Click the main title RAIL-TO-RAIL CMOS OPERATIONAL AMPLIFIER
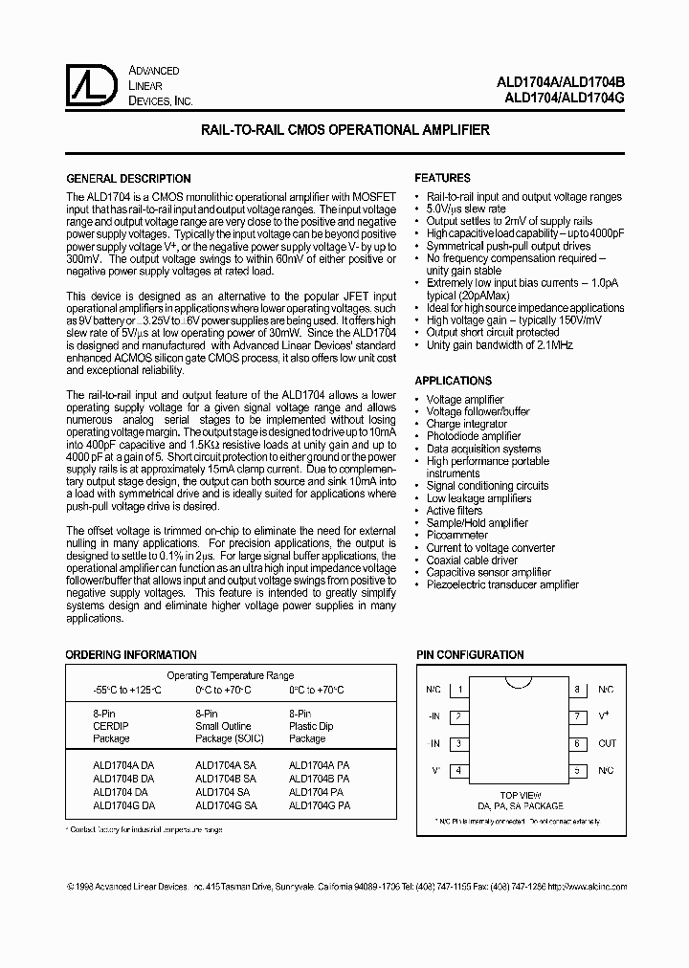point(344,129)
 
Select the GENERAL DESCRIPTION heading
point(127,179)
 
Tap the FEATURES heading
point(442,178)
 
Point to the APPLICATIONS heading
point(453,381)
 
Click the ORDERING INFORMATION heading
point(130,655)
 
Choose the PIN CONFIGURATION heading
point(470,655)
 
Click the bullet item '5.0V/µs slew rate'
point(466,209)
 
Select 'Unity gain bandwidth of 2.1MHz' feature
point(500,345)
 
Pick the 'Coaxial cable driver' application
point(472,561)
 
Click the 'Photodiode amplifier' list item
point(474,436)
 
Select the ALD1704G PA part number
point(319,805)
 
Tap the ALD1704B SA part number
point(226,779)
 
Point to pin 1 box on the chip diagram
point(460,689)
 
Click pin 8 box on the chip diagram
point(577,689)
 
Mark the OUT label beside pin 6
point(607,743)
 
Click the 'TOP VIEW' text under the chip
point(520,795)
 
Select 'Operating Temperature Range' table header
point(231,675)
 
